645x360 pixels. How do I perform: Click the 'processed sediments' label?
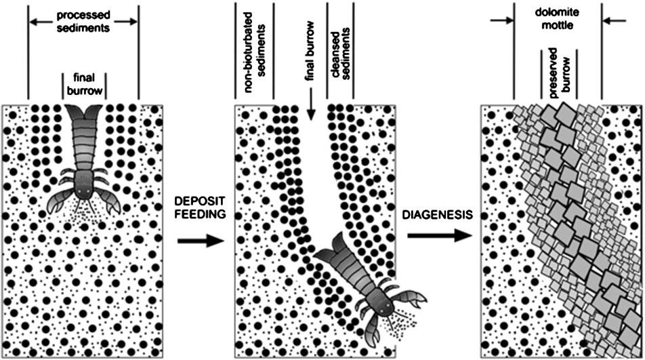(83, 21)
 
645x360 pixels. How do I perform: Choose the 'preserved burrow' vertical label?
(558, 74)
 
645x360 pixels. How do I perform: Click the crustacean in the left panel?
(85, 163)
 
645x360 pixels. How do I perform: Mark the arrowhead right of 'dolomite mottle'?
(604, 22)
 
